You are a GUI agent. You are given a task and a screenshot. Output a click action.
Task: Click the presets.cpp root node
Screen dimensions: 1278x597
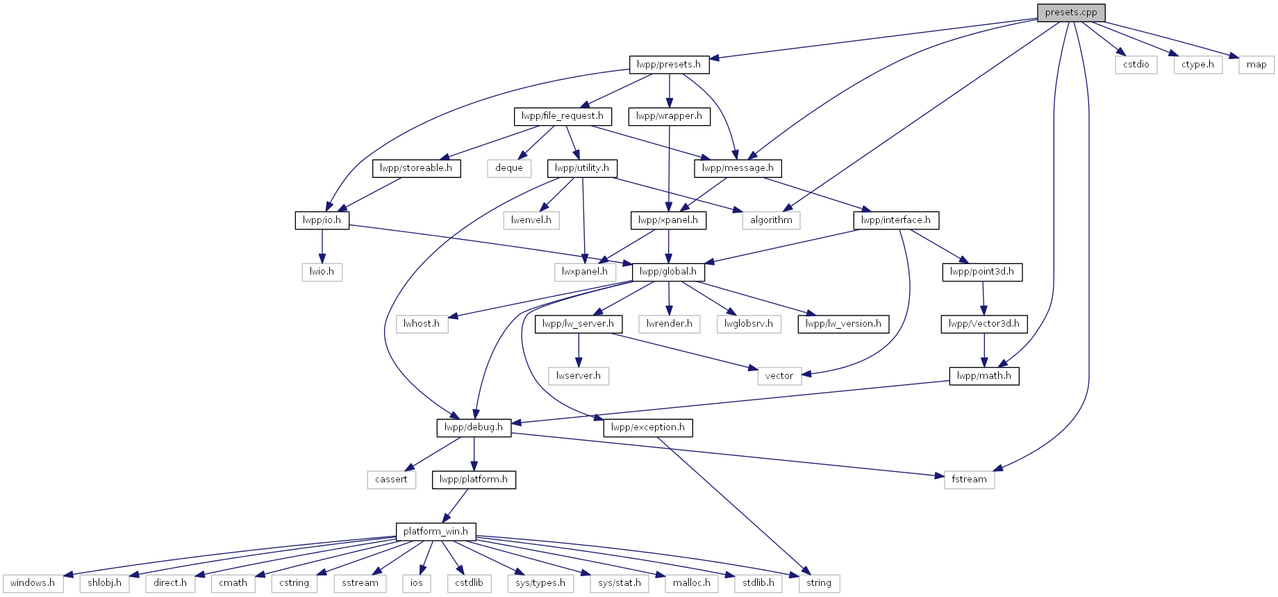point(1071,13)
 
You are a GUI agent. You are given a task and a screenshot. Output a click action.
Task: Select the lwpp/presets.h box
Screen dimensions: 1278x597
point(669,65)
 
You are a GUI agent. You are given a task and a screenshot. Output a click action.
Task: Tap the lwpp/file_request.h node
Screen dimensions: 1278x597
point(563,116)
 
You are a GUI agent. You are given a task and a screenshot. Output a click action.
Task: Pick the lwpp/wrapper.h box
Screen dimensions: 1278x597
point(669,116)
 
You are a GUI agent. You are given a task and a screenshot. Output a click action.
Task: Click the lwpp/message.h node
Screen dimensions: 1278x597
point(738,168)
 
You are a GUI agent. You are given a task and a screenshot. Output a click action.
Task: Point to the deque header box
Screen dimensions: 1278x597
point(509,168)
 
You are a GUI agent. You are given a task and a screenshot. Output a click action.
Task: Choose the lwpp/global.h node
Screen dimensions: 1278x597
point(668,272)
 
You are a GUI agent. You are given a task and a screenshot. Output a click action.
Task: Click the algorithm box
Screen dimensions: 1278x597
point(771,220)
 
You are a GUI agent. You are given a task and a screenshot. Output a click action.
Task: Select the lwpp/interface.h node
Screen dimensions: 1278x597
point(896,220)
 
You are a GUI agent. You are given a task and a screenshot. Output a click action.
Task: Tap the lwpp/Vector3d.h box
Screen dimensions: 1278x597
point(984,324)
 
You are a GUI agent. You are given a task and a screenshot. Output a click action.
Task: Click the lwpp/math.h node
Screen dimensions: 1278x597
point(984,376)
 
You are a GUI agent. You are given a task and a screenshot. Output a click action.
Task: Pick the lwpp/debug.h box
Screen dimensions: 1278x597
point(474,427)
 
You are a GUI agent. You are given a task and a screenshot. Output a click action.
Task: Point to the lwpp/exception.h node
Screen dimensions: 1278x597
point(648,427)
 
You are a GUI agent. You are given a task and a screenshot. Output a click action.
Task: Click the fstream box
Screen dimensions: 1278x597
point(969,480)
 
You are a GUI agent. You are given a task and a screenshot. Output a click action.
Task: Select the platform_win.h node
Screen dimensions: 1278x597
point(435,532)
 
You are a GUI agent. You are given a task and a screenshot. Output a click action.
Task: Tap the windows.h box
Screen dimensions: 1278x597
point(33,583)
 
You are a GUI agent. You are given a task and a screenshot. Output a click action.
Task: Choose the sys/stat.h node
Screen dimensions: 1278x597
point(620,583)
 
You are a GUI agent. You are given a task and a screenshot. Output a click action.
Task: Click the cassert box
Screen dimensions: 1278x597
point(392,480)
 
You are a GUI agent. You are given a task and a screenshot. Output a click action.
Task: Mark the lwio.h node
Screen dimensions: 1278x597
point(322,272)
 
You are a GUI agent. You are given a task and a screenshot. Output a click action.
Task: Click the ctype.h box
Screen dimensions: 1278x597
point(1198,65)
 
